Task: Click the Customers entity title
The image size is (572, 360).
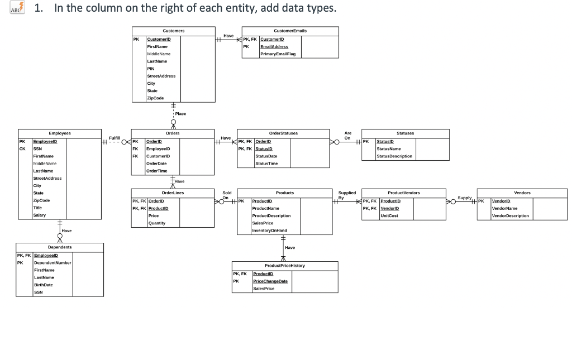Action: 173,31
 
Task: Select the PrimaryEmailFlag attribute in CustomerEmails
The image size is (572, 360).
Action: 278,54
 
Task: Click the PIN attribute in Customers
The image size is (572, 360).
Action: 151,69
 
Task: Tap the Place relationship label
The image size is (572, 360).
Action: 180,113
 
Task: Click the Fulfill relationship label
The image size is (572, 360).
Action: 115,137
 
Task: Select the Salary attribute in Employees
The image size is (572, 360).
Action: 40,215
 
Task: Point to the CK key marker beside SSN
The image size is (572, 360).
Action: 22,149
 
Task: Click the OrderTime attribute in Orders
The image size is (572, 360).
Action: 156,171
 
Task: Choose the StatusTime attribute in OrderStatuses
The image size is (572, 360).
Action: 266,164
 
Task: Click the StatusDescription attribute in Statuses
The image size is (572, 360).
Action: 394,156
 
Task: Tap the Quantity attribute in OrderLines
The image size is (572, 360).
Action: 156,223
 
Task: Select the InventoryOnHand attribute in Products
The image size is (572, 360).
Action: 270,230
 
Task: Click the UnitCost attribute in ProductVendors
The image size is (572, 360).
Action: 389,215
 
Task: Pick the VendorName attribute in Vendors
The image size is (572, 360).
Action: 504,208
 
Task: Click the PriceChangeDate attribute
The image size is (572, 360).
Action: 270,281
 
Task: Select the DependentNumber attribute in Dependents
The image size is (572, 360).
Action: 53,262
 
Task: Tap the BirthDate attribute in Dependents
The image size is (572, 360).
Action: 44,285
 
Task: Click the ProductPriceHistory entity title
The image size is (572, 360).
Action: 285,266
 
